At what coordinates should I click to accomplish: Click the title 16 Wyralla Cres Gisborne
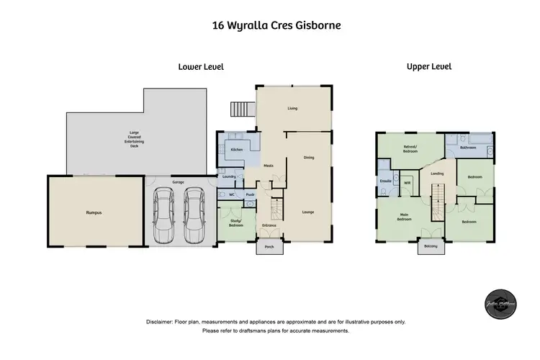(269, 25)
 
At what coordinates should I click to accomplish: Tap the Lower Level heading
(201, 66)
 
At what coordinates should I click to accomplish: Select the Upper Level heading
(428, 66)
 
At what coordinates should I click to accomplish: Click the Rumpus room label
(93, 213)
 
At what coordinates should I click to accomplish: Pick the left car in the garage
(164, 215)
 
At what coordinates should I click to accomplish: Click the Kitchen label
(235, 149)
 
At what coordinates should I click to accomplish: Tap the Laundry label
(230, 176)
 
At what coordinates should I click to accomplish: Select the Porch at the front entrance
(269, 246)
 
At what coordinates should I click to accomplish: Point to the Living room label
(293, 109)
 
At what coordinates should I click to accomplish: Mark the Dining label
(308, 158)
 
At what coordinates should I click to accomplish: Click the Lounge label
(307, 212)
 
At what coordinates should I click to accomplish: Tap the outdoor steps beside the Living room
(238, 109)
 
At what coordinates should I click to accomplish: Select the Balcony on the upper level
(431, 246)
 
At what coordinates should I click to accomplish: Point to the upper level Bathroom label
(468, 147)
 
